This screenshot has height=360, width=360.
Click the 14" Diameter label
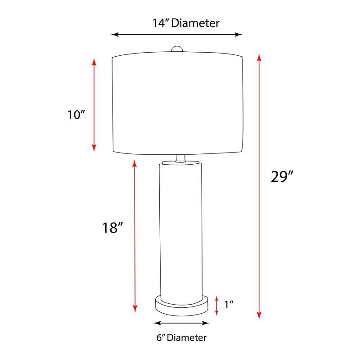tap(185, 23)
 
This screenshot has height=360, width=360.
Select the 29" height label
tap(282, 176)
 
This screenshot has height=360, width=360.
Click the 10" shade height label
tap(76, 115)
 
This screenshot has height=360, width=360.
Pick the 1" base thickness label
tap(229, 305)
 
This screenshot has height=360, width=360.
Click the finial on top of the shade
tap(178, 49)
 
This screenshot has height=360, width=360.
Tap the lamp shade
tap(178, 103)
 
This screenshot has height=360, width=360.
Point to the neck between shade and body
tap(180, 157)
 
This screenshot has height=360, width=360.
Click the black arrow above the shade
tap(177, 34)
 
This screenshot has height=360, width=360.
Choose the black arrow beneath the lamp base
tap(181, 323)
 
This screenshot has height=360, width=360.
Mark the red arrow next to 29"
tap(259, 186)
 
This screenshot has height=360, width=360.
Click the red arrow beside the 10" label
tap(94, 104)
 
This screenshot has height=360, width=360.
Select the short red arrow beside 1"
tap(216, 305)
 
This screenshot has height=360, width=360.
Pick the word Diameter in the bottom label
tap(187, 337)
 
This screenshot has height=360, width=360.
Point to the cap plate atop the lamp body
tap(180, 162)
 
